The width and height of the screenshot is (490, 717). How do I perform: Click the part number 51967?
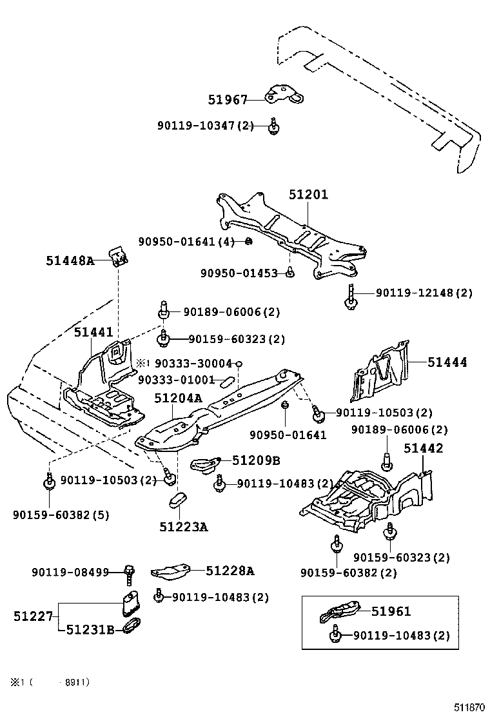228,99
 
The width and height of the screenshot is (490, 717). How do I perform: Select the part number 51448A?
70,260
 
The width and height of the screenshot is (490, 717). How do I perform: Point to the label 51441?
93,332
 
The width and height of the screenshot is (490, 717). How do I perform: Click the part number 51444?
447,362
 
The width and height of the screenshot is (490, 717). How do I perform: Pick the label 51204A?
178,399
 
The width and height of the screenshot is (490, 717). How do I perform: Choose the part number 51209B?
256,460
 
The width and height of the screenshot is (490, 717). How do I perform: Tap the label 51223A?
184,527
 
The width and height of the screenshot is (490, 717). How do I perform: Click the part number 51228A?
230,570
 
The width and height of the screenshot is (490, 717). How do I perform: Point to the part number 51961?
391,611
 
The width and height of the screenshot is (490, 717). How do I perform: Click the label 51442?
424,448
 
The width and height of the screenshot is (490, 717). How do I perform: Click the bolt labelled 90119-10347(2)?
274,126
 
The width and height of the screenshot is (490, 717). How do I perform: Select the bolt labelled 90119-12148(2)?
350,297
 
